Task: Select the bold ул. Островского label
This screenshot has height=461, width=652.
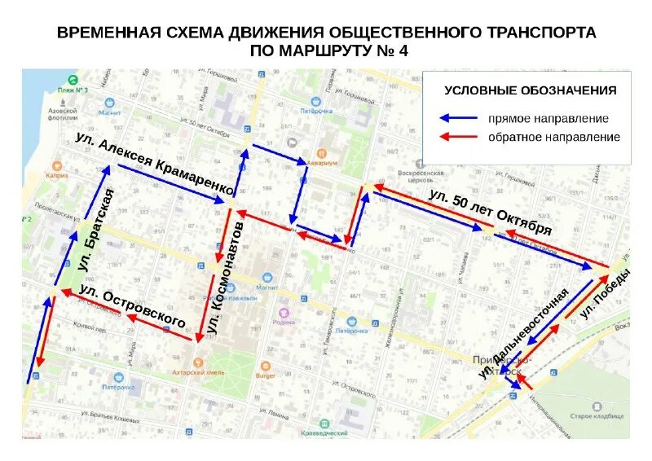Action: coord(132,306)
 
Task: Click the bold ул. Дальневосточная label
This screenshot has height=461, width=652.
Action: coord(523,332)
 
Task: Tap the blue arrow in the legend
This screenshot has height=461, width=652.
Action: coord(458,118)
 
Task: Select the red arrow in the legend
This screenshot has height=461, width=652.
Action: coord(458,137)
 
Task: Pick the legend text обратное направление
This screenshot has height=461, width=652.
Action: coord(554,137)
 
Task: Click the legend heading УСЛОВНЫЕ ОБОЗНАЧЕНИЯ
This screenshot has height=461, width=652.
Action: coord(530,90)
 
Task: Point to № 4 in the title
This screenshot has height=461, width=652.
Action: coord(390,50)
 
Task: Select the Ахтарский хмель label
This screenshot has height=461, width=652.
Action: coord(197,370)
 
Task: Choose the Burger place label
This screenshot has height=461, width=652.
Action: coord(266,375)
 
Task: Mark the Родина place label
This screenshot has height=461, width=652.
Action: coord(284,321)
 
